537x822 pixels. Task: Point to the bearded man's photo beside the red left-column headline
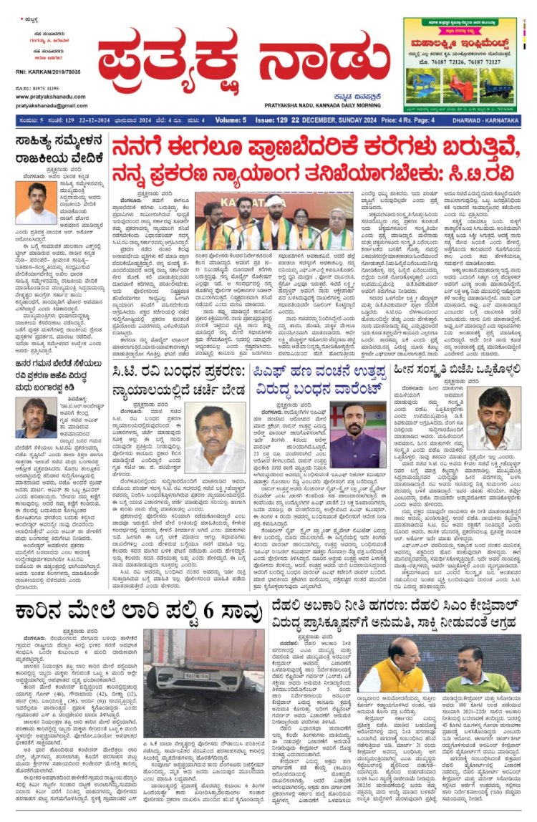tap(35, 416)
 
